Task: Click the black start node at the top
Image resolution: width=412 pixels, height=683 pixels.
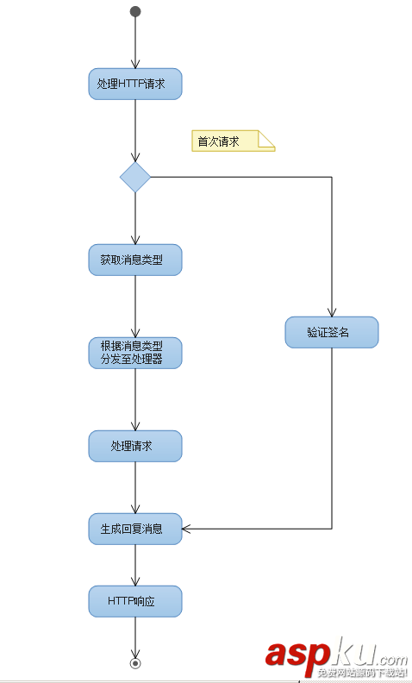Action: coord(135,11)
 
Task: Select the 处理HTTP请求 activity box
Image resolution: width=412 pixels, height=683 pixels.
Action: coord(135,85)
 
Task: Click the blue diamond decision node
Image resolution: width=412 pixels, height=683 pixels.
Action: coord(135,177)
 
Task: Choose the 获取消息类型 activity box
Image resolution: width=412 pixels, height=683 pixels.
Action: coord(135,260)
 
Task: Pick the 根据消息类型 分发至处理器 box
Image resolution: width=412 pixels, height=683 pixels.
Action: coord(135,353)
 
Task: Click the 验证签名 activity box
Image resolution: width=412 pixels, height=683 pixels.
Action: coord(332,332)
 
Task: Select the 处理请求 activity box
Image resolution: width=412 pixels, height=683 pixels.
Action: coord(135,446)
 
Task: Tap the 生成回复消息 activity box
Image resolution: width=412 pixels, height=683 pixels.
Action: coord(135,529)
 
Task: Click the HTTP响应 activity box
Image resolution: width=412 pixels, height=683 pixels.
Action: coord(135,601)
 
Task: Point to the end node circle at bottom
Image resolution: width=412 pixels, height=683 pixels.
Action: coord(135,663)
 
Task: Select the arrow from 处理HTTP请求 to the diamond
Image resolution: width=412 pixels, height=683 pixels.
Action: coord(135,129)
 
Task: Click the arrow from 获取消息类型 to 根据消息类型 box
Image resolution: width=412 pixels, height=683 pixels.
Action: coord(135,306)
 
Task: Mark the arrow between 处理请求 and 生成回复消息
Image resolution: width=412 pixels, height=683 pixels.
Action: coord(135,487)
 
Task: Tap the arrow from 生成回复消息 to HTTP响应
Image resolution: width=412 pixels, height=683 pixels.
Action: coord(135,565)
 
